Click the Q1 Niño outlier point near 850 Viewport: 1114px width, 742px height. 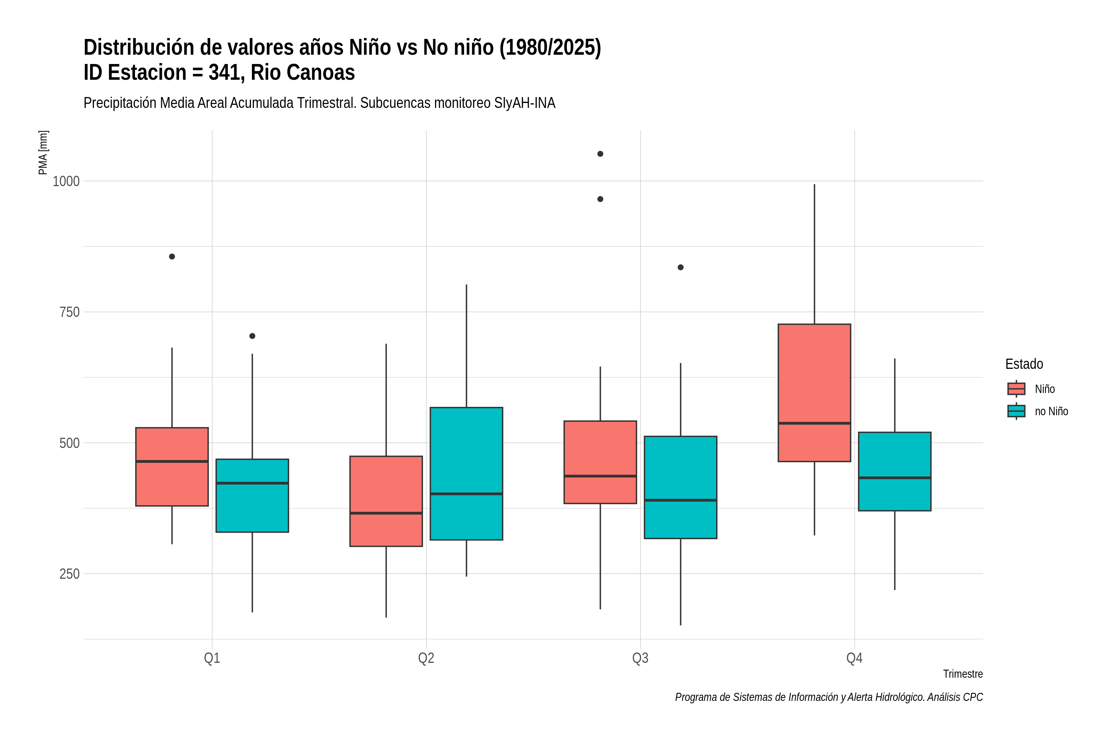pyautogui.click(x=172, y=257)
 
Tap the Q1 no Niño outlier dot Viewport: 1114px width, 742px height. pyautogui.click(x=253, y=336)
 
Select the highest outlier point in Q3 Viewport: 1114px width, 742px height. pyautogui.click(x=600, y=154)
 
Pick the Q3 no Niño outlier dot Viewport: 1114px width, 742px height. pyautogui.click(x=680, y=267)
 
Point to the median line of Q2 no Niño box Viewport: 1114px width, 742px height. pyautogui.click(x=467, y=494)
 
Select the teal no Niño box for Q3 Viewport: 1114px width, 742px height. pyautogui.click(x=680, y=488)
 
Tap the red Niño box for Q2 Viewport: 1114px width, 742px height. pyautogui.click(x=386, y=501)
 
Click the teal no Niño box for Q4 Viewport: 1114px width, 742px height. pyautogui.click(x=895, y=471)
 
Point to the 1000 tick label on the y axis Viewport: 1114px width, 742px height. pyautogui.click(x=66, y=181)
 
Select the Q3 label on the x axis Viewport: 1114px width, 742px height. pyautogui.click(x=640, y=658)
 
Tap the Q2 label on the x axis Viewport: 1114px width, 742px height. pyautogui.click(x=426, y=658)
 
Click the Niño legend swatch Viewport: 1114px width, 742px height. pyautogui.click(x=1017, y=389)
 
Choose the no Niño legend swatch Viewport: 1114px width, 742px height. pyautogui.click(x=1017, y=411)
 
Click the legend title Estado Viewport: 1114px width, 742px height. pyautogui.click(x=1025, y=364)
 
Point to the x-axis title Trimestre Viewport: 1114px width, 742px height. pyautogui.click(x=963, y=674)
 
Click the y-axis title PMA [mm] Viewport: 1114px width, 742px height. pyautogui.click(x=43, y=153)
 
